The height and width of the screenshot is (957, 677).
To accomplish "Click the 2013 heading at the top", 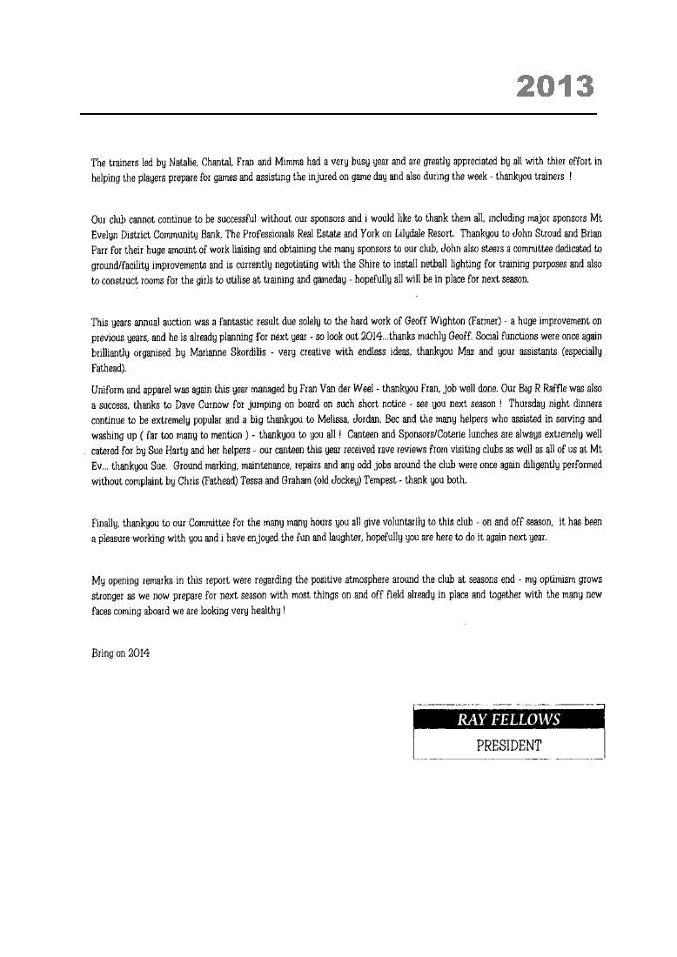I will [x=555, y=86].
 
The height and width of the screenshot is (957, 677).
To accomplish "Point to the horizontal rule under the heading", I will [x=338, y=114].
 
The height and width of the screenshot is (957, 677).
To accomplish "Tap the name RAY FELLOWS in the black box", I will [x=509, y=719].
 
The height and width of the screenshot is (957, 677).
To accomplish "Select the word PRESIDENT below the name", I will [x=509, y=746].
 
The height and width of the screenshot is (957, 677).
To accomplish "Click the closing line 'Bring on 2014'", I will [x=121, y=653].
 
